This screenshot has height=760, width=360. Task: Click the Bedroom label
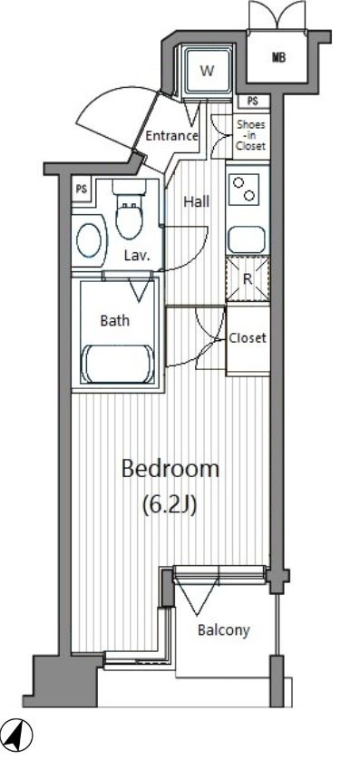[170, 469]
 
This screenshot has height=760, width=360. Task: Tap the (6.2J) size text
[170, 506]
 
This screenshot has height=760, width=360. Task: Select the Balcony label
[224, 630]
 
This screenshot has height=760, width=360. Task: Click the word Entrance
[172, 136]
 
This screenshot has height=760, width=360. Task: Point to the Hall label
[197, 201]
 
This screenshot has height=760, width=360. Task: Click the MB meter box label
[278, 58]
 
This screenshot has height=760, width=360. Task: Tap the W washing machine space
[208, 72]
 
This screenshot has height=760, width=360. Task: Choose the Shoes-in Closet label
[251, 134]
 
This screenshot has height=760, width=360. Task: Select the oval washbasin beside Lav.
[90, 240]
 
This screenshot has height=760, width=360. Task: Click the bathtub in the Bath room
[120, 364]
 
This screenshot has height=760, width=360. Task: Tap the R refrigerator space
[248, 279]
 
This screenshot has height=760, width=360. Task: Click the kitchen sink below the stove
[248, 238]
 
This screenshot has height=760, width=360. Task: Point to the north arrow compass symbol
[20, 730]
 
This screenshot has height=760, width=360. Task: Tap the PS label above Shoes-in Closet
[251, 102]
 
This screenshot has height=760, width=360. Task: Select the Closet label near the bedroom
[248, 337]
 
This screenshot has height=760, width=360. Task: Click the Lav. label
[137, 255]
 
